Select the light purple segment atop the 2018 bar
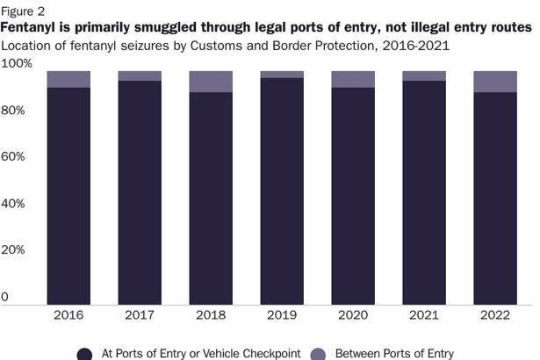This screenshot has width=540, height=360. tap(211, 82)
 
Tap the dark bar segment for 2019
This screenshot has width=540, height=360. tap(282, 191)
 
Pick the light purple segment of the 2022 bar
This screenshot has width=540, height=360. tap(495, 82)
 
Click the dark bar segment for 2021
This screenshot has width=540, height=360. tap(424, 192)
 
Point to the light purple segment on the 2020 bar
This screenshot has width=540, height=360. tap(353, 79)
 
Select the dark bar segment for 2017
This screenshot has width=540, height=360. tap(140, 192)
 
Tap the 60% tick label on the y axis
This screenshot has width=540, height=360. tap(17, 157)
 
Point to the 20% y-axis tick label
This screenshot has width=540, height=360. tap(17, 250)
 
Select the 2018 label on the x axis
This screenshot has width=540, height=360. tap(211, 314)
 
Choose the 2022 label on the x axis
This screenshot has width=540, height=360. tap(495, 314)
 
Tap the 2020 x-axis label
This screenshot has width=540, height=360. tap(353, 314)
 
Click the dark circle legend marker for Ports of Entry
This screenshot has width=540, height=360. tap(84, 354)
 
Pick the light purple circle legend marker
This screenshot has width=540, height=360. tap(319, 354)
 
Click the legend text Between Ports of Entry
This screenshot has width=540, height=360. tap(396, 354)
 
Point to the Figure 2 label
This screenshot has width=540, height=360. tap(25, 11)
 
